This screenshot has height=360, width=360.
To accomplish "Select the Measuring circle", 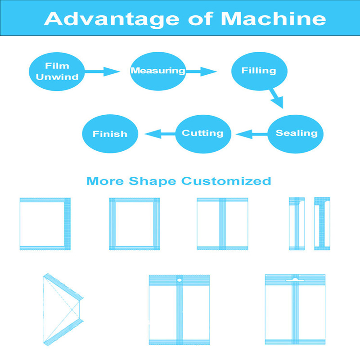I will (x=158, y=71).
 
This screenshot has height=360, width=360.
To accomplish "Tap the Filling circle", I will (x=259, y=71).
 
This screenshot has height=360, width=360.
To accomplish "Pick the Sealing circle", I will (x=296, y=133).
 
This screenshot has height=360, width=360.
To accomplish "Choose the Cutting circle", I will (x=202, y=133).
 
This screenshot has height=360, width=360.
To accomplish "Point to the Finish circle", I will (x=110, y=134).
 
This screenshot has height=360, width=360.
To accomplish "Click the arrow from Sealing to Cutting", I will (x=251, y=133).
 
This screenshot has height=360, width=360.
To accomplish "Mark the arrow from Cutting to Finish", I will (x=159, y=133).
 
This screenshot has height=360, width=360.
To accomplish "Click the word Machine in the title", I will (x=274, y=19).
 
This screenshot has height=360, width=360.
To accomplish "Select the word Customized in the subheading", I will (x=226, y=181).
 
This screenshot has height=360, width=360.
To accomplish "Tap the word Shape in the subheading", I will (x=153, y=181).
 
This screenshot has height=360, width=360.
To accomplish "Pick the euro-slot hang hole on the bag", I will (x=295, y=279).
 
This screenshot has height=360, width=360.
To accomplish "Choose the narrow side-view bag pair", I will (x=309, y=223).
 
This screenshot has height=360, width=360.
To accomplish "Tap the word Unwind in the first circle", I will (x=57, y=77).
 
